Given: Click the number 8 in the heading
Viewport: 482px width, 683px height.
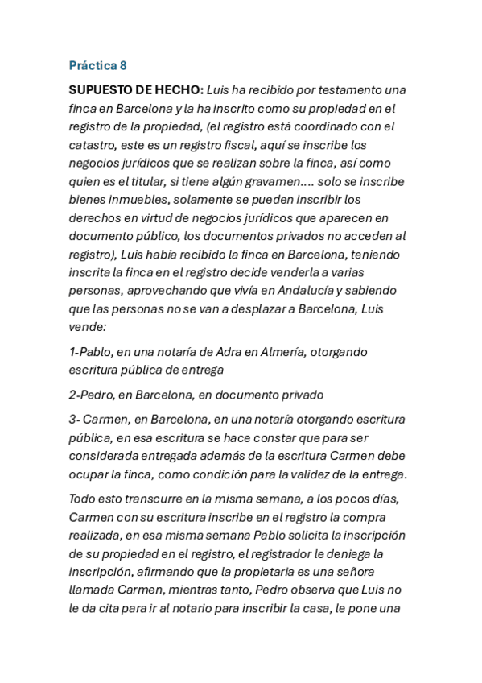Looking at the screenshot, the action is pos(122,65).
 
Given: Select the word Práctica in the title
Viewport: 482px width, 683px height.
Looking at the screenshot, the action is pos(92,65).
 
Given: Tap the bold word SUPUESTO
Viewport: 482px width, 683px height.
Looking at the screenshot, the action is pos(102,89).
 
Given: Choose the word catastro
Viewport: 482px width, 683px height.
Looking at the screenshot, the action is pos(93,145).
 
